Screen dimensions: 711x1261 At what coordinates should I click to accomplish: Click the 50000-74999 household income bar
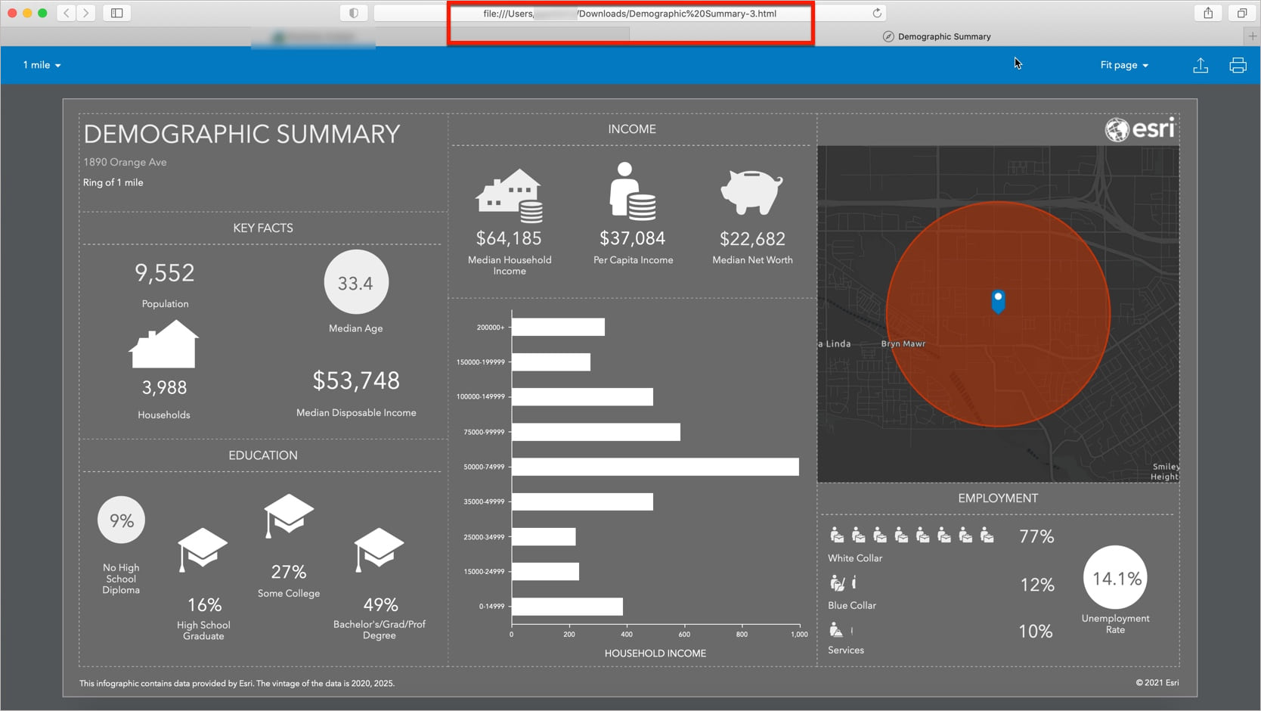tap(655, 467)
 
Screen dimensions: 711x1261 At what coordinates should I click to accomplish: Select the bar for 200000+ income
tap(558, 327)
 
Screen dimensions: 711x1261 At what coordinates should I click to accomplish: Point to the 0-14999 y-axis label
tap(491, 606)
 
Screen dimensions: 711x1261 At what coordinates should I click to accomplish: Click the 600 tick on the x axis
tap(684, 635)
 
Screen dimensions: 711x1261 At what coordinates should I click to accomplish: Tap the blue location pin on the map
tap(998, 300)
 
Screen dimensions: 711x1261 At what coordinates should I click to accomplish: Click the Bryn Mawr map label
tap(903, 343)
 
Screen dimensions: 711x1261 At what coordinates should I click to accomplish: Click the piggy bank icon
tap(751, 192)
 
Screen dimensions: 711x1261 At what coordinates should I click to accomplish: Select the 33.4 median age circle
tap(356, 283)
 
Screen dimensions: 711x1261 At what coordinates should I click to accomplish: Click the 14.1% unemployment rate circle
tap(1115, 579)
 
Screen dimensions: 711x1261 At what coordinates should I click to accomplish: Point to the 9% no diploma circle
tap(121, 520)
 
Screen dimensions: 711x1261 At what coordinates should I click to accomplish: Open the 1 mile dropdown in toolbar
tap(42, 65)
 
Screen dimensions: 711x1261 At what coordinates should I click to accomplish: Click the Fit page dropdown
tap(1123, 65)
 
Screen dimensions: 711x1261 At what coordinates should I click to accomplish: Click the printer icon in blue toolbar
tap(1238, 66)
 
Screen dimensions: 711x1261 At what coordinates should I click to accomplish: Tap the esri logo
tap(1139, 129)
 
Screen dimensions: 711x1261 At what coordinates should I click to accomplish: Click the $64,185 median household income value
tap(509, 238)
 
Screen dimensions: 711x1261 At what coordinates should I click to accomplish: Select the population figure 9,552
tap(165, 273)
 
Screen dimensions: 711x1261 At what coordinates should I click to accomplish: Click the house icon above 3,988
tap(164, 345)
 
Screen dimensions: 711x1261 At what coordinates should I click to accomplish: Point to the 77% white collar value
tap(1036, 536)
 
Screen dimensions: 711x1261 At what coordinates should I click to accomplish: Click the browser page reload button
tap(877, 13)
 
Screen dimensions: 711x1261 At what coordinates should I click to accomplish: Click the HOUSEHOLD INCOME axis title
tap(655, 654)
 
